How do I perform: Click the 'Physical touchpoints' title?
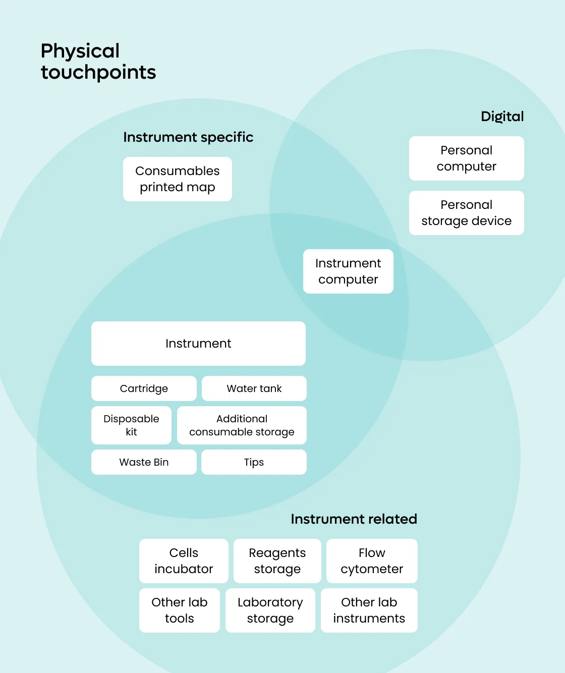click(98, 61)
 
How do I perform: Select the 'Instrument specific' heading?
click(188, 137)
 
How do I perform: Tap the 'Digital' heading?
click(502, 117)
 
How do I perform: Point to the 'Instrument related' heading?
click(354, 519)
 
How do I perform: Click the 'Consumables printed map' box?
click(178, 179)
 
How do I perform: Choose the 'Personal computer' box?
click(466, 158)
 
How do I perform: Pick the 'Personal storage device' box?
click(466, 213)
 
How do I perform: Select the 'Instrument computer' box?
click(348, 271)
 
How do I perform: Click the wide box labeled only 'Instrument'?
click(198, 344)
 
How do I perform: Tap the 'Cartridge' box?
click(144, 388)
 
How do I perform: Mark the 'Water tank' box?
click(254, 388)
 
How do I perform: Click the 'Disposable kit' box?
click(131, 425)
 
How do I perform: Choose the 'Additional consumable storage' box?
click(242, 425)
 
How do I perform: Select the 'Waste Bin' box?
click(144, 462)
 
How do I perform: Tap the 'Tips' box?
click(254, 462)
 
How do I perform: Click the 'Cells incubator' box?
click(184, 561)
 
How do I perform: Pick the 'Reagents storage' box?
click(277, 561)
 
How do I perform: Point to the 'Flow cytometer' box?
click(372, 561)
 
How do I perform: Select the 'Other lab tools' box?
click(180, 610)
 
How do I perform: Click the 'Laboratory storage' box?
click(270, 610)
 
